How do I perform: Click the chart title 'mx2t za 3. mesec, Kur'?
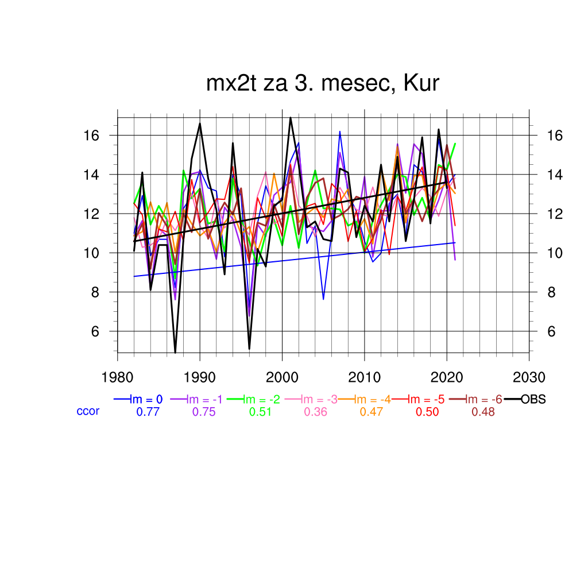pyautogui.click(x=322, y=84)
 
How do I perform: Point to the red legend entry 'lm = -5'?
pyautogui.click(x=424, y=400)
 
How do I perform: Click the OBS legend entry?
pyautogui.click(x=533, y=400)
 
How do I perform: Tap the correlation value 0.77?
pyautogui.click(x=147, y=412)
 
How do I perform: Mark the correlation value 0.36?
pyautogui.click(x=315, y=412)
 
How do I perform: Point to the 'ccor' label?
pyautogui.click(x=88, y=411)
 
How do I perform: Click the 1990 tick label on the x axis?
pyautogui.click(x=200, y=378)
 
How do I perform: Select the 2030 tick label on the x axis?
pyautogui.click(x=529, y=378)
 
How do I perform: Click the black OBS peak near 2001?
pyautogui.click(x=291, y=118)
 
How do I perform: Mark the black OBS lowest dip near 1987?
pyautogui.click(x=175, y=352)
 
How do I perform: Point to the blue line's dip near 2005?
pyautogui.click(x=323, y=299)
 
